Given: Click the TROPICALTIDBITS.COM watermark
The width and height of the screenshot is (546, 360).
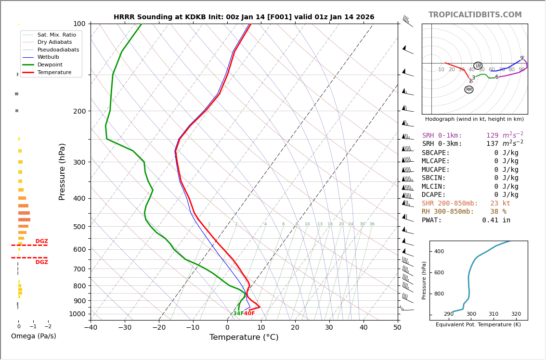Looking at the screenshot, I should coord(475,15).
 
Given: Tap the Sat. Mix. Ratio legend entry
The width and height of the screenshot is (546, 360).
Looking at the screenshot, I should coord(56,35).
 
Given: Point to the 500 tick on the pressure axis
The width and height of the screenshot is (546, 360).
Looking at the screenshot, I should coord(79,227).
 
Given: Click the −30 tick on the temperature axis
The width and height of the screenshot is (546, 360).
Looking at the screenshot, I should coord(125,328).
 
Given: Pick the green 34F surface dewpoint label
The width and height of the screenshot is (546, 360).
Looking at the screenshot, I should coord(238,314).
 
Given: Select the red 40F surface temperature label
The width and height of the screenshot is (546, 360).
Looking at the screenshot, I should coord(249,314).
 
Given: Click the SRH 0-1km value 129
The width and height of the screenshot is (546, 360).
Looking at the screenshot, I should coord(492,136).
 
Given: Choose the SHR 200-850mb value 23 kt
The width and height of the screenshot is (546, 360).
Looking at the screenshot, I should coord(500,204).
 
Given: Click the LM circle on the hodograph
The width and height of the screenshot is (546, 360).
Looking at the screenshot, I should coord(478,66).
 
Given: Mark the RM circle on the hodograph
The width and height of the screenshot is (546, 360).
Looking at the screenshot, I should coord(469,90).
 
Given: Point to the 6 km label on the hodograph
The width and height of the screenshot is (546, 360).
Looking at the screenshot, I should coord(497,77).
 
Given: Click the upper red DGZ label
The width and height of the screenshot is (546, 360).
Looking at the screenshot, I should coord(42,242).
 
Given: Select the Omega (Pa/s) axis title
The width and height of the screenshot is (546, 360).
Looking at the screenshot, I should coord(34,336).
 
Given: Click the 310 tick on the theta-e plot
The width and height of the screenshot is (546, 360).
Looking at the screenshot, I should coord(494,314).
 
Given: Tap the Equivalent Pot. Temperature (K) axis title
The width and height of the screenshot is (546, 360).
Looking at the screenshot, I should coord(478,325).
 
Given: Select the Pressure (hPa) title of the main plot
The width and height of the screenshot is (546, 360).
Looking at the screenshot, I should coord(63,171).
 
